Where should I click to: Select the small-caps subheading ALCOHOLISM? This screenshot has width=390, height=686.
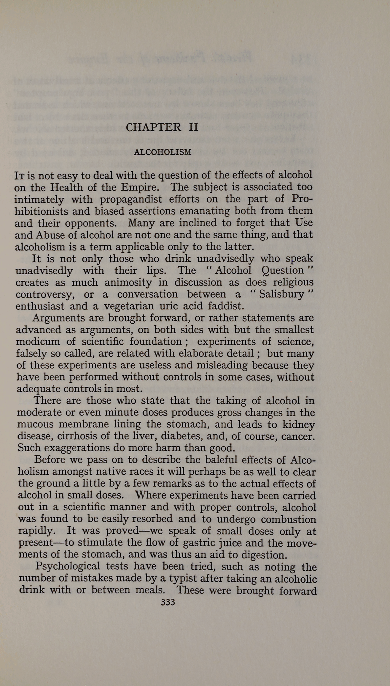[x=163, y=152]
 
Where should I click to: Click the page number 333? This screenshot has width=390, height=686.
[x=168, y=602]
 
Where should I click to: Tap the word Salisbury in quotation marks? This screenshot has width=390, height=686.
[x=281, y=294]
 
